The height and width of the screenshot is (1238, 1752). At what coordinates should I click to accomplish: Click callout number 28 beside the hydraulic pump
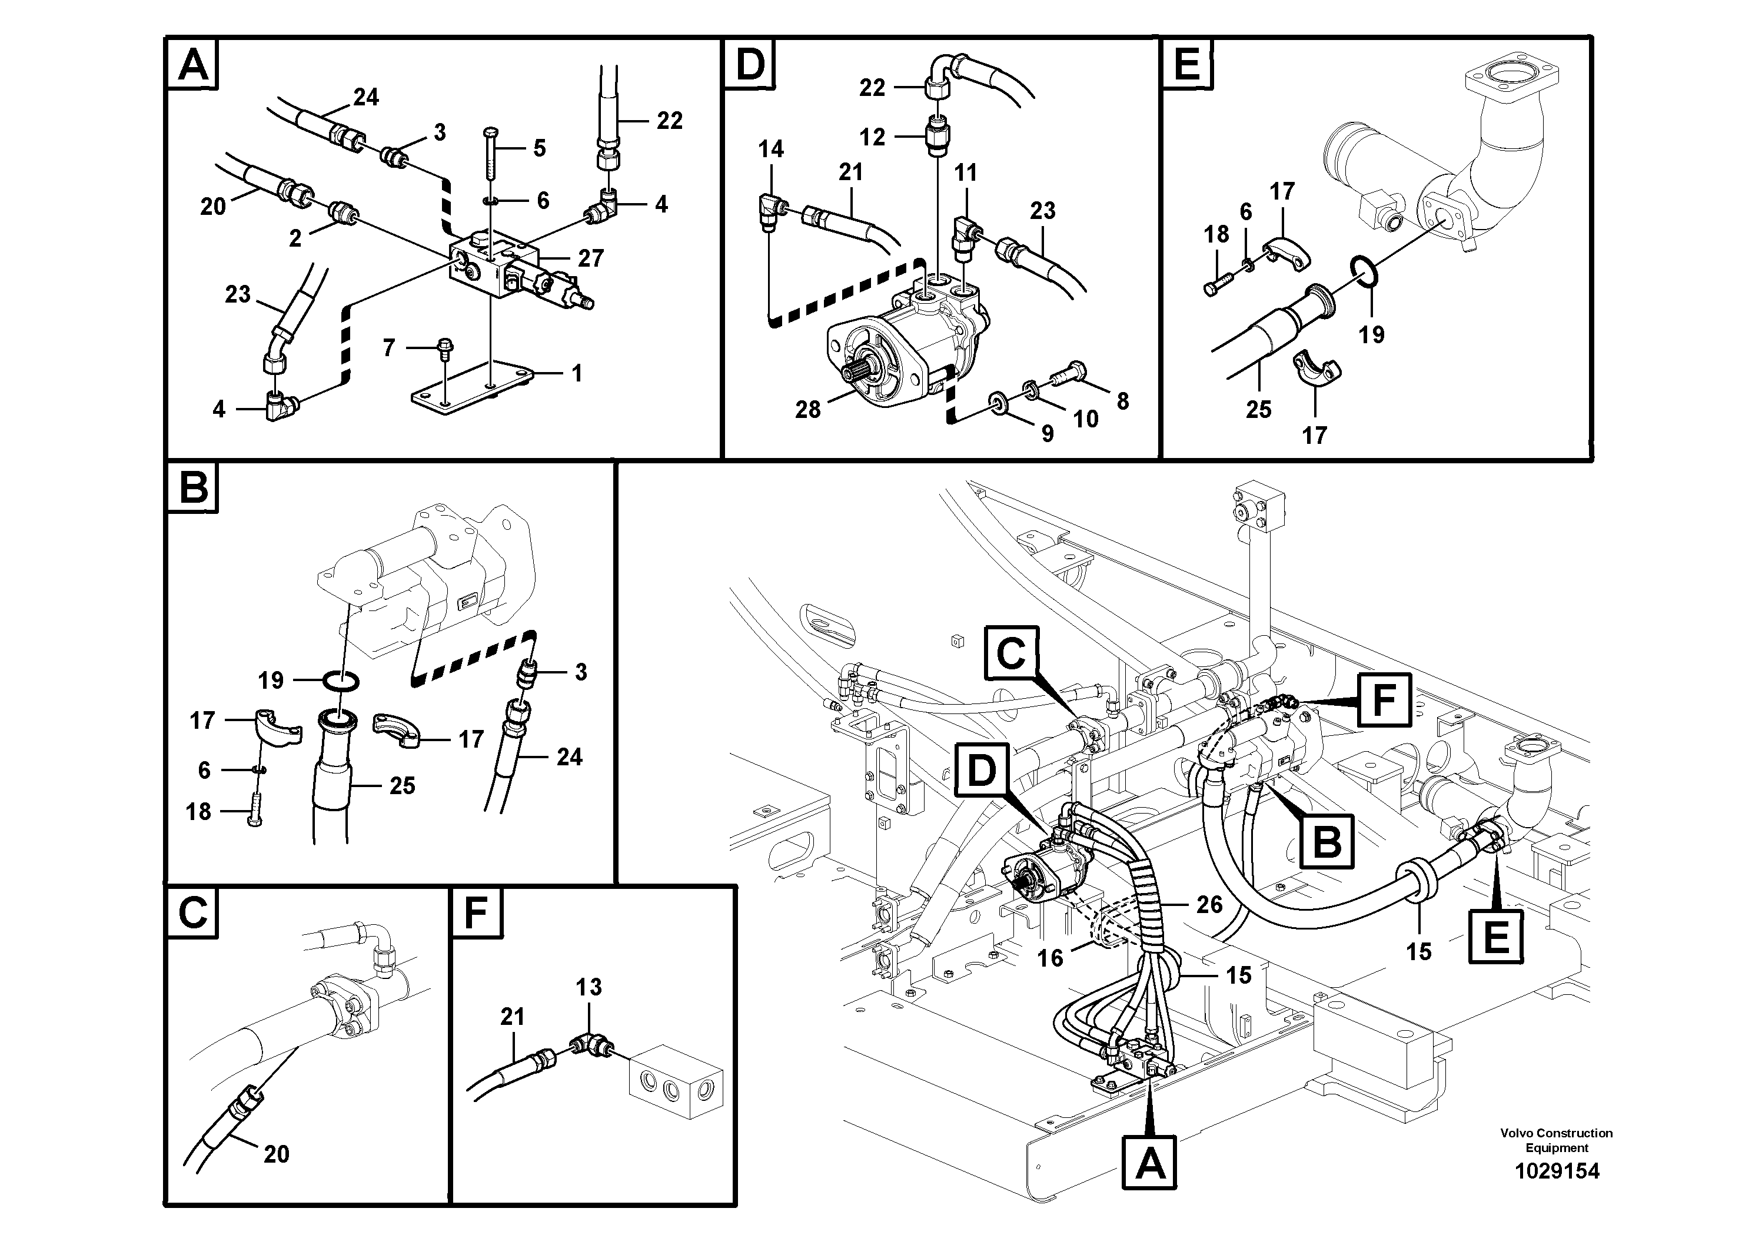click(x=807, y=410)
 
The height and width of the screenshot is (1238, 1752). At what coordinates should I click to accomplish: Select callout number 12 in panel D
click(x=872, y=137)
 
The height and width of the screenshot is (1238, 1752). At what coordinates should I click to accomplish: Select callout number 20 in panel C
click(x=276, y=1154)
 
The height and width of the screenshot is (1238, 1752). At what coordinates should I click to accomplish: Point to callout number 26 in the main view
click(x=1209, y=904)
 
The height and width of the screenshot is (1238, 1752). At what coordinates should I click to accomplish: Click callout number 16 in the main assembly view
click(x=1050, y=958)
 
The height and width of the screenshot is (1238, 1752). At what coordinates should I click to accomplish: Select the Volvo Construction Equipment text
click(x=1556, y=1140)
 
